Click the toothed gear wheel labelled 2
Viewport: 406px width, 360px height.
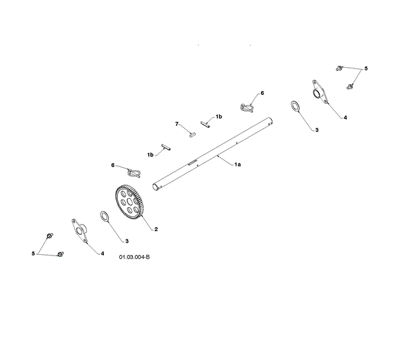[128, 204]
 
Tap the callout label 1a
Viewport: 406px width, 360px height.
[237, 165]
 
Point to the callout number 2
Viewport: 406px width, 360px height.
[155, 228]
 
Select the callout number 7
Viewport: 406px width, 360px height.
[177, 123]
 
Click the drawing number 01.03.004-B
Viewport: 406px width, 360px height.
[134, 257]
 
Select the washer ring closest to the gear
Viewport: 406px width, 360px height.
[104, 216]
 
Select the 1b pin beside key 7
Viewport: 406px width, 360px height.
[206, 123]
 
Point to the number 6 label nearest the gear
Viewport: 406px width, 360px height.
[113, 165]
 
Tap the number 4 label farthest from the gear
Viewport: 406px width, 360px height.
[345, 118]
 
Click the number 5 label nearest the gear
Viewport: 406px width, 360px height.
[33, 254]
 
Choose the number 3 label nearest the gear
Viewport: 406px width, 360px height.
[126, 241]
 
